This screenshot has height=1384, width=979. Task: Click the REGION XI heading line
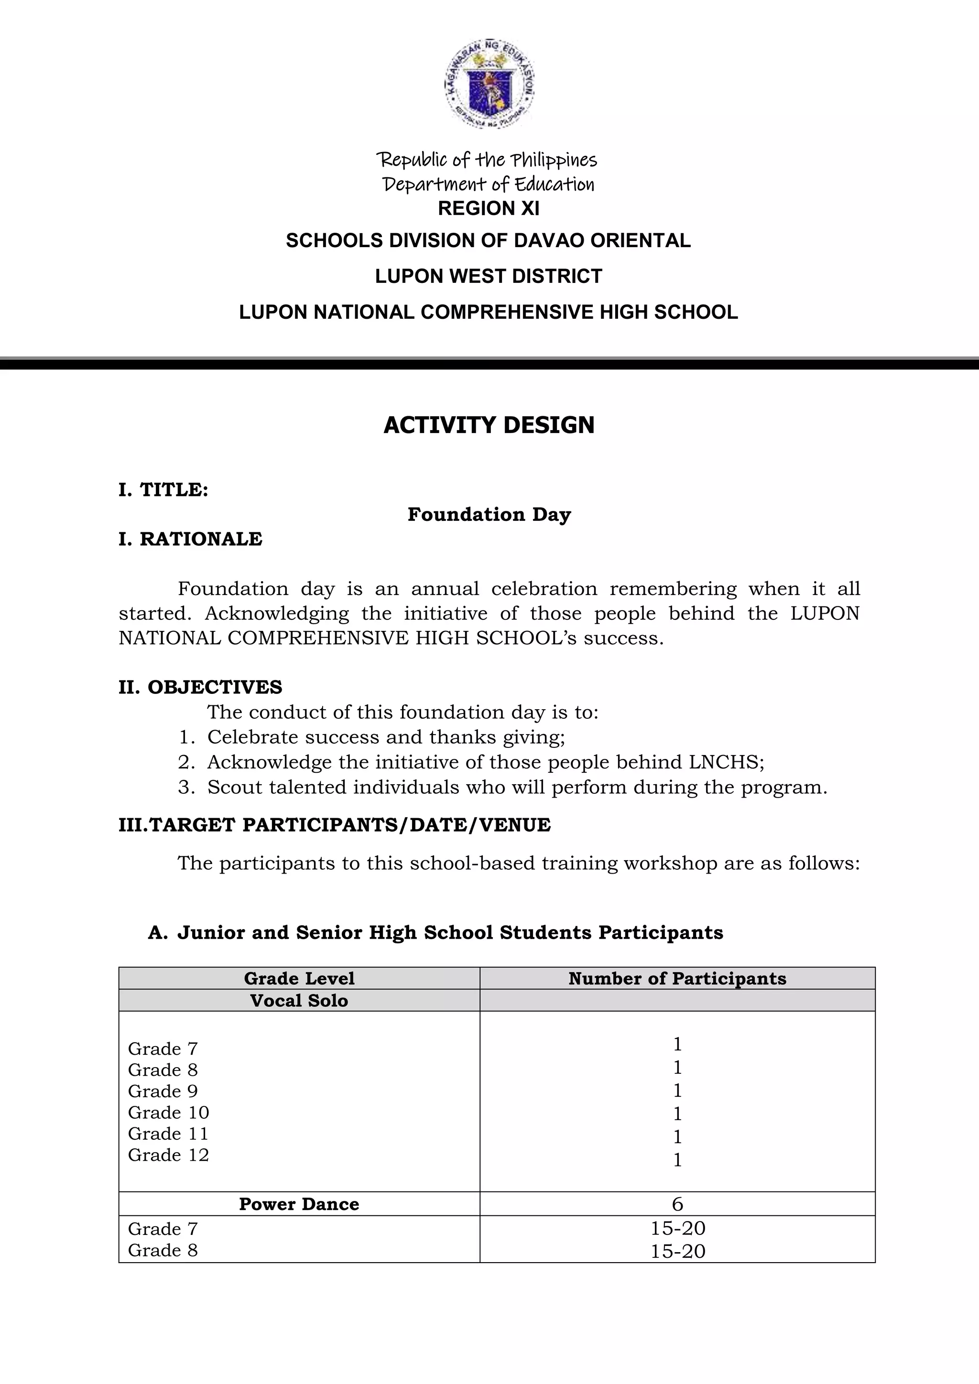(x=488, y=208)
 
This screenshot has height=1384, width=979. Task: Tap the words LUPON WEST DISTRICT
(x=488, y=276)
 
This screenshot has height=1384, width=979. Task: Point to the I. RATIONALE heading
(x=191, y=539)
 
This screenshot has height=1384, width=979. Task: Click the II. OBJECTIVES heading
(x=200, y=687)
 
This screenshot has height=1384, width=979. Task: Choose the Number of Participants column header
(x=677, y=978)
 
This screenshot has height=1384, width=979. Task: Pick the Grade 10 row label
(x=168, y=1112)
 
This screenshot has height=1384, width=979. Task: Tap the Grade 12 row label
(x=168, y=1155)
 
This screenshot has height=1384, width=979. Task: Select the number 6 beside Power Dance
(x=677, y=1204)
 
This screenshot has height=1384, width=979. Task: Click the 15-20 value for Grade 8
(x=677, y=1252)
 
